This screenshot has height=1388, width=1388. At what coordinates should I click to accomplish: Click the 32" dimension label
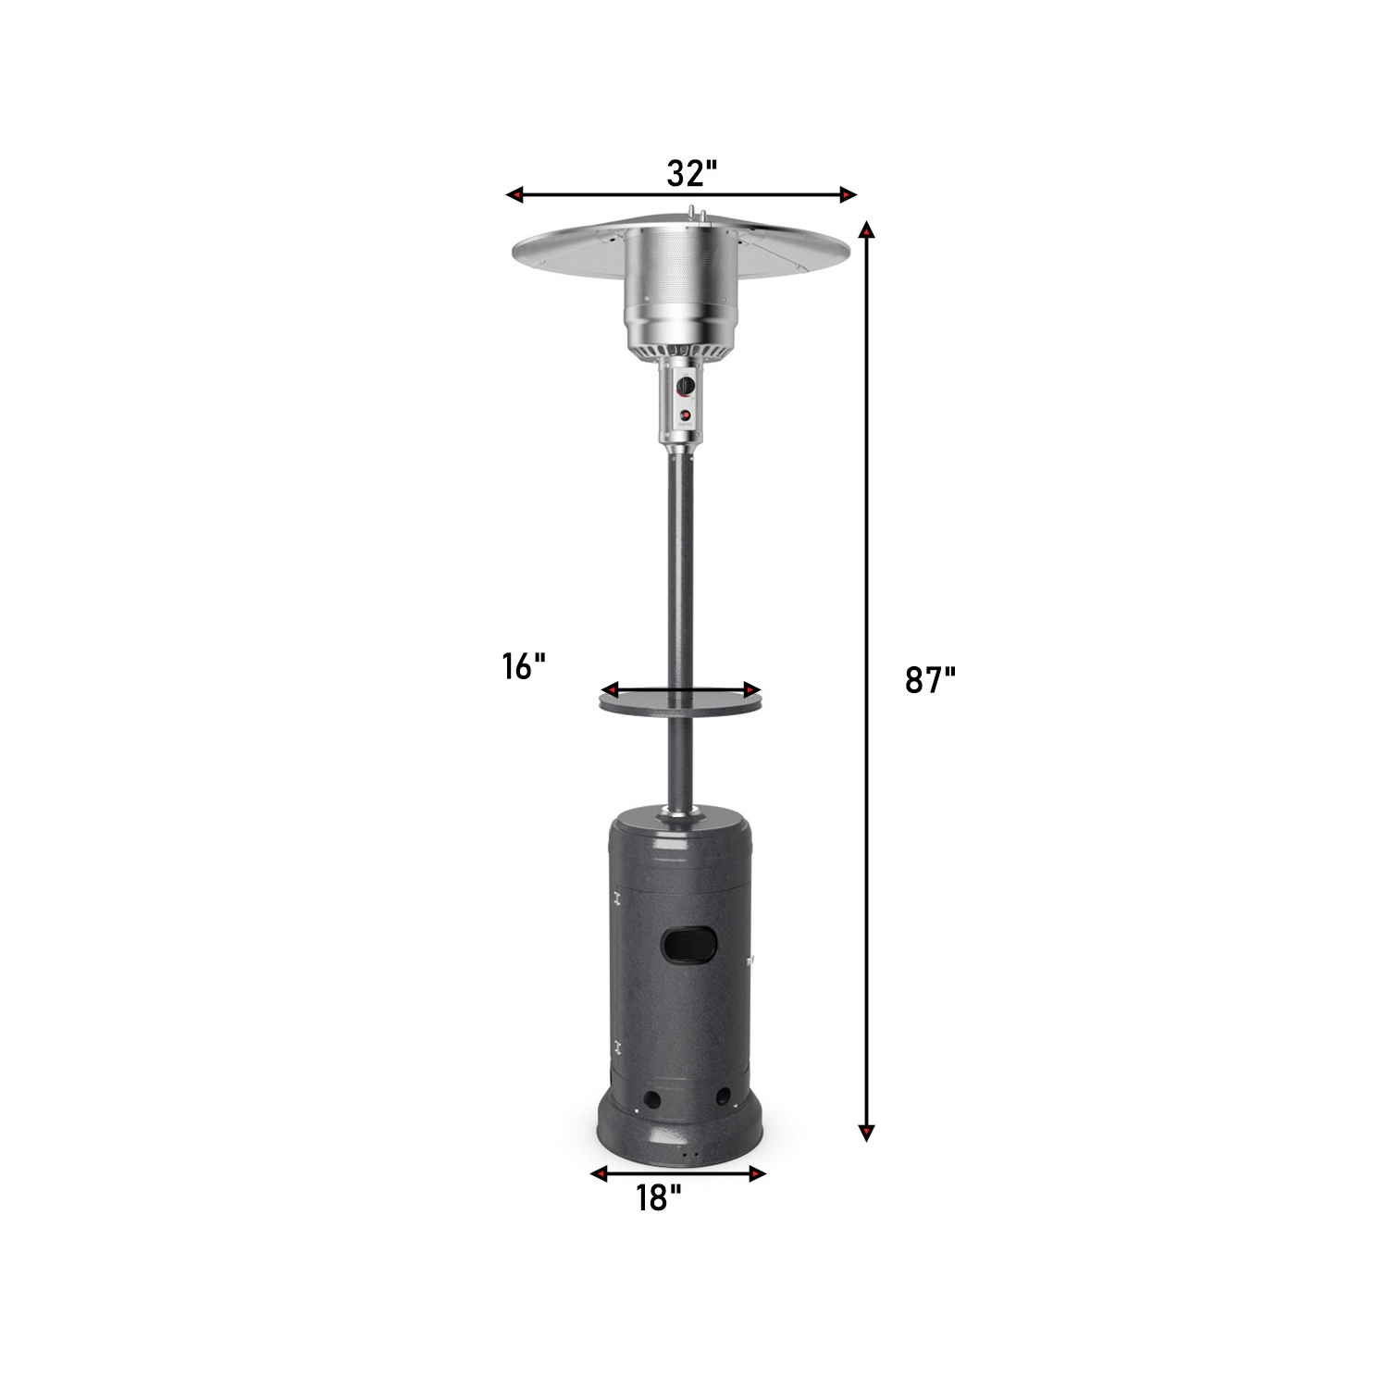pos(691,173)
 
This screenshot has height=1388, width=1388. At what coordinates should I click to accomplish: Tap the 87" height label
pos(929,680)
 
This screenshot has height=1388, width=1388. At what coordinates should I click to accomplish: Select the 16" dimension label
pos(524,665)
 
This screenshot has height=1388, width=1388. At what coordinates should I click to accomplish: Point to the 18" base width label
pos(658,1197)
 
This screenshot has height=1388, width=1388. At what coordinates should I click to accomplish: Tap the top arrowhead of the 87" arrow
pos(866,230)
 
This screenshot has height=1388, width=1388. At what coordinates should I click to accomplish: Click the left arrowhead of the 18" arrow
pos(600,1174)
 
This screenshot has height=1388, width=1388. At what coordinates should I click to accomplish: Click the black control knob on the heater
pos(685,386)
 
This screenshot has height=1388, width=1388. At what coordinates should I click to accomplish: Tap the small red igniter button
pos(685,415)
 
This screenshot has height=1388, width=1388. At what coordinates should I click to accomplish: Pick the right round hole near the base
pos(723,1097)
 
